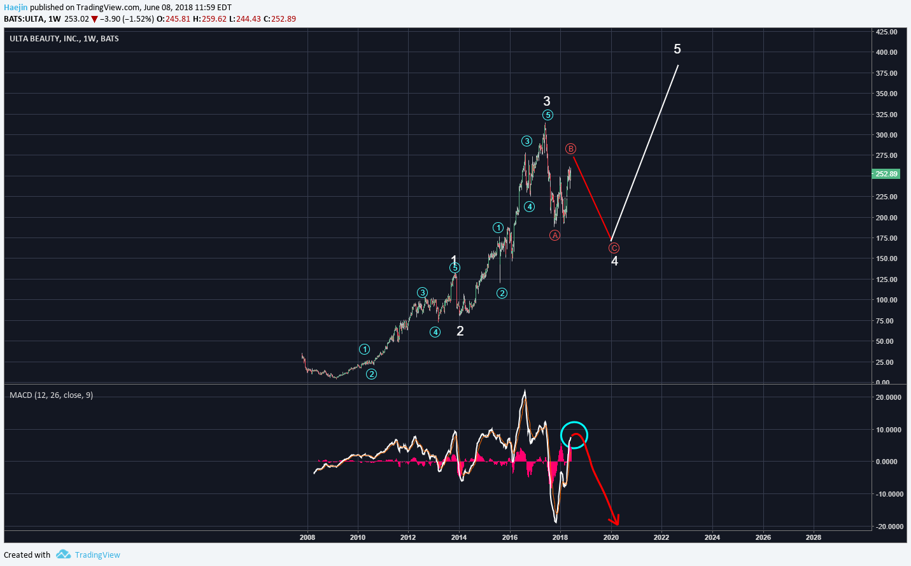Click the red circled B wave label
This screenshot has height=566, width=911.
point(570,149)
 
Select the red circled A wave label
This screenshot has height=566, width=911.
point(555,236)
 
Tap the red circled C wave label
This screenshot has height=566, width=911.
point(614,248)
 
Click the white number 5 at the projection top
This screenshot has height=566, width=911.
point(677,49)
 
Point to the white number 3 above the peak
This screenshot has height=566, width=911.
point(547,101)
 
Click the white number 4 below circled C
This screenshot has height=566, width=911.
point(614,261)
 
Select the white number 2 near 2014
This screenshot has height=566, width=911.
point(460,331)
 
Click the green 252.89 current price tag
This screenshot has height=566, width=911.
point(886,174)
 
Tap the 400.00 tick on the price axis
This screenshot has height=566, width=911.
point(886,52)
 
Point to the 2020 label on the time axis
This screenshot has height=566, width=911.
point(611,537)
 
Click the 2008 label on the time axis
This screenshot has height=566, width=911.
point(307,537)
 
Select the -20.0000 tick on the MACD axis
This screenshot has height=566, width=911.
point(888,527)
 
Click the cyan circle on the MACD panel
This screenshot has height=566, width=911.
point(574,435)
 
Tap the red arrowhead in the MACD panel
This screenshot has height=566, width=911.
point(616,521)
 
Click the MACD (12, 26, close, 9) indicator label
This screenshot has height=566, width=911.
point(51,395)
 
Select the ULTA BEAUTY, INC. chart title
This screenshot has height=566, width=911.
point(64,39)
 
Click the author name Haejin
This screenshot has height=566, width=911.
point(15,8)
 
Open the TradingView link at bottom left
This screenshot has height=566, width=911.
point(97,555)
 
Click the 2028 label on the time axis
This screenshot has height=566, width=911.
point(813,537)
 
